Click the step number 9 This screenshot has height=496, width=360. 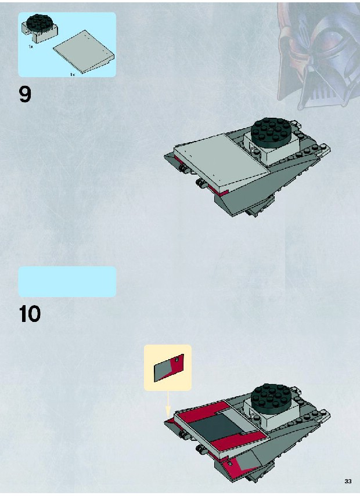25,95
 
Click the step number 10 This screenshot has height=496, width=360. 30,314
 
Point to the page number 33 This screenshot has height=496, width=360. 348,481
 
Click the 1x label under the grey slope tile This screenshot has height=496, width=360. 73,74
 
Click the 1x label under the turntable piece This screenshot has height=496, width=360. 31,46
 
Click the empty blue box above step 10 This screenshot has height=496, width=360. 67,282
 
